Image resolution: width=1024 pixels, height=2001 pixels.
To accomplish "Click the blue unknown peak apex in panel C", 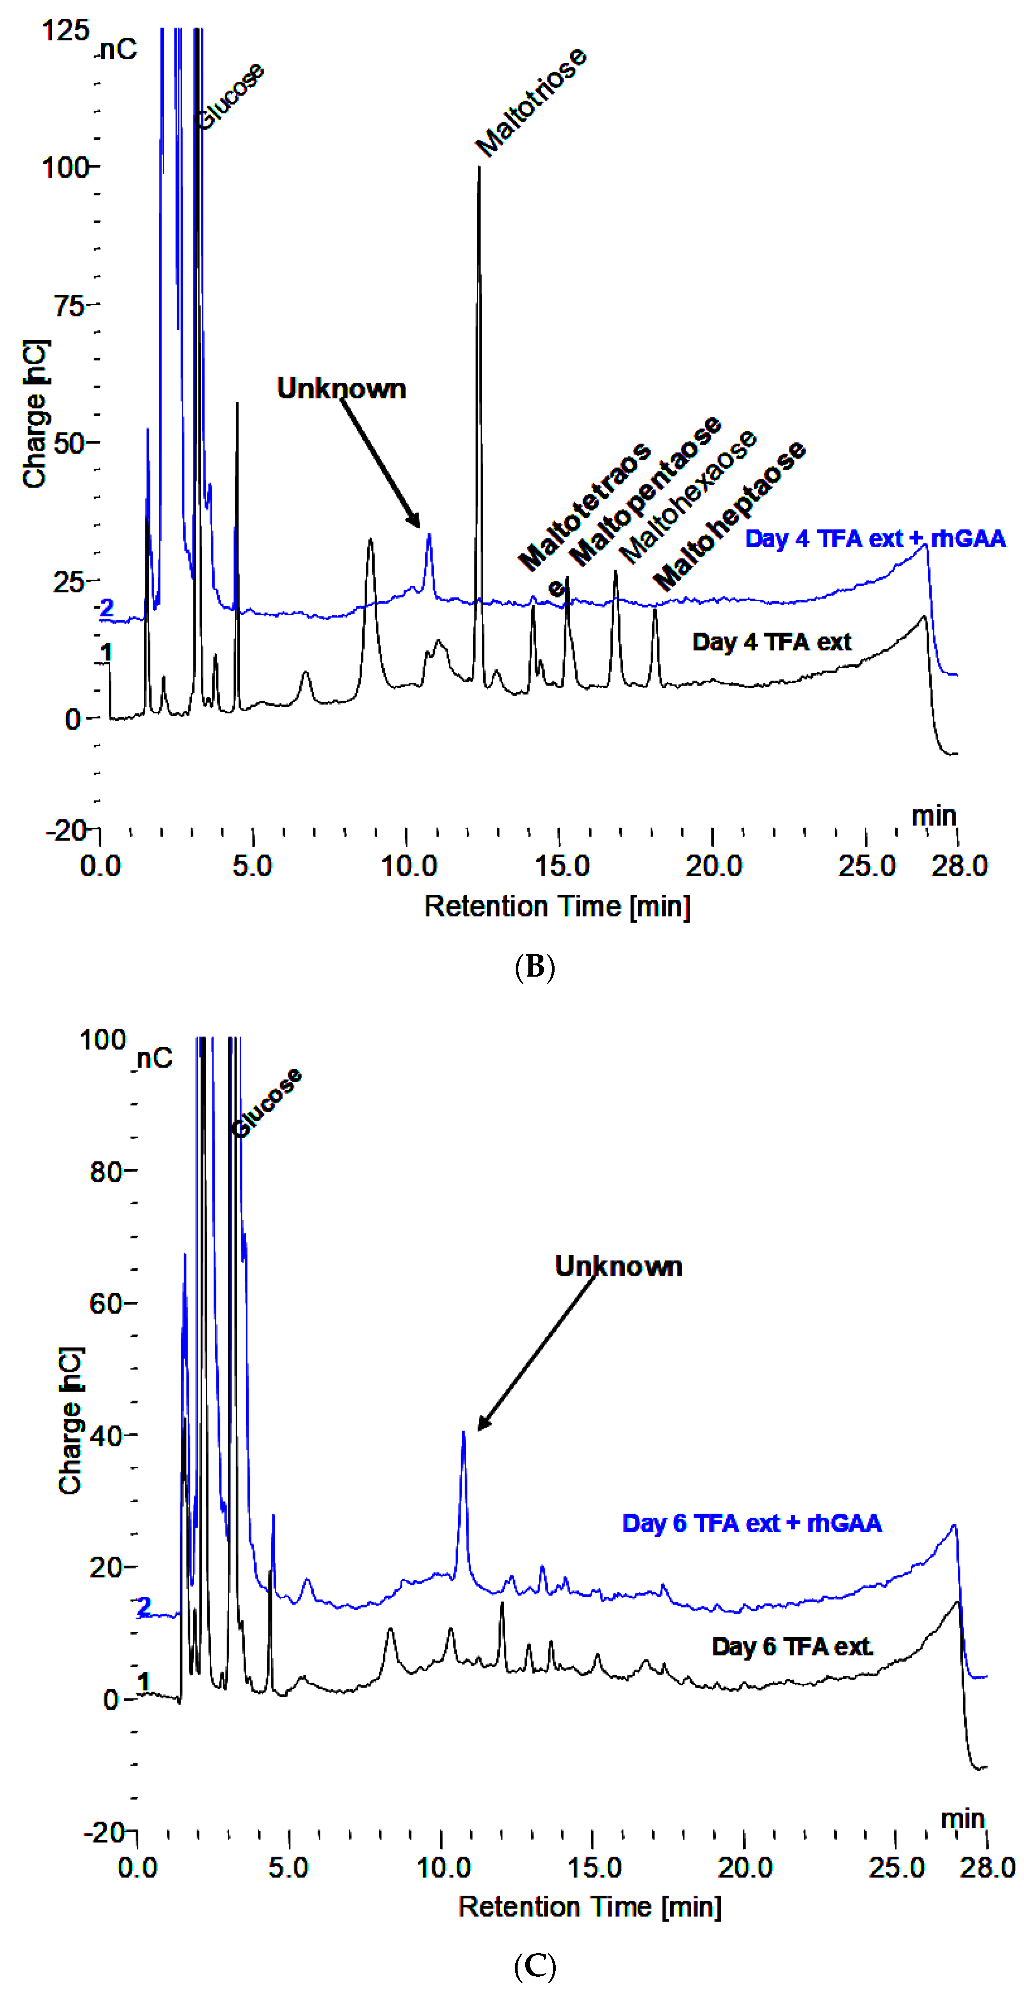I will click(464, 1432).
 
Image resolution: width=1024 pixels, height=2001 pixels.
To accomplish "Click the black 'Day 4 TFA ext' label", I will click(772, 642).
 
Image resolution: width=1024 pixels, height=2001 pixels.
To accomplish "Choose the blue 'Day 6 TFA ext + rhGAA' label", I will click(751, 1523).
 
